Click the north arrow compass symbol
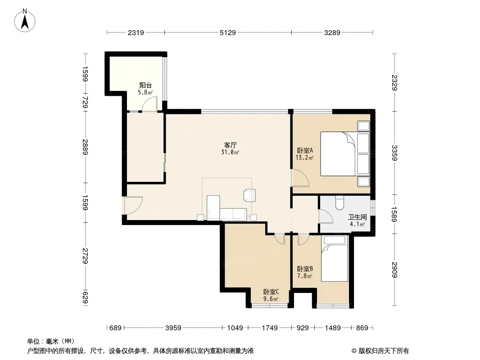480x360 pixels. pyautogui.click(x=25, y=20)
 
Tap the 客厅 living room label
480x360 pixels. pyautogui.click(x=231, y=145)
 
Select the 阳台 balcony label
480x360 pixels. pyautogui.click(x=145, y=85)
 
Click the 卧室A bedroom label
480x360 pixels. pyautogui.click(x=305, y=150)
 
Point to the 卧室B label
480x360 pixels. pyautogui.click(x=305, y=269)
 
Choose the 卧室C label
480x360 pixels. pyautogui.click(x=271, y=292)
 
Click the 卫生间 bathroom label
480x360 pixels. pyautogui.click(x=357, y=217)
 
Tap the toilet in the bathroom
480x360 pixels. pyautogui.click(x=340, y=202)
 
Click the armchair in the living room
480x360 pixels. pyautogui.click(x=249, y=195)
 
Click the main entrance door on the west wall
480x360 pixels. pyautogui.click(x=133, y=205)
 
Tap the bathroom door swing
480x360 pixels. pyautogui.click(x=326, y=216)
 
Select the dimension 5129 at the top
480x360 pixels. pyautogui.click(x=228, y=32)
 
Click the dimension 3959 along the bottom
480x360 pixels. pyautogui.click(x=173, y=328)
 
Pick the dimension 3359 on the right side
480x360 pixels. pyautogui.click(x=394, y=153)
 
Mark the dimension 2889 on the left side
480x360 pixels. pyautogui.click(x=85, y=147)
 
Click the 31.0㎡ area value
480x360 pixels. pyautogui.click(x=230, y=152)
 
